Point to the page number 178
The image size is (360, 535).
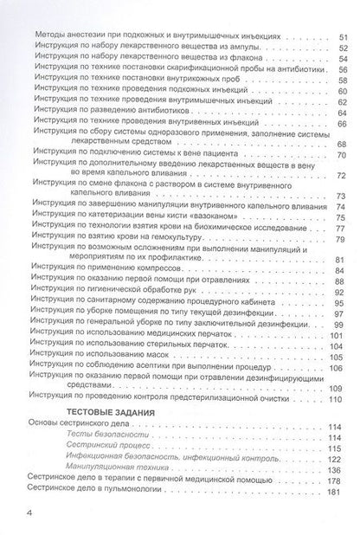click(337, 492)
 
